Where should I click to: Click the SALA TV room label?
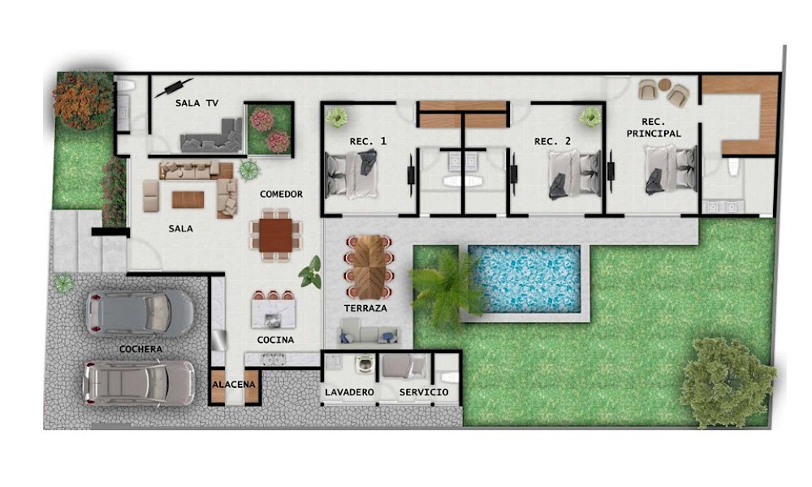(197, 103)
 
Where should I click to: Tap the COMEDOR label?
(281, 194)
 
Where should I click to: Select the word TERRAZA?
(365, 308)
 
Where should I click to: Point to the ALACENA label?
(234, 385)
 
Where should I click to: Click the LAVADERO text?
(349, 392)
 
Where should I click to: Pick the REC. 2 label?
(552, 141)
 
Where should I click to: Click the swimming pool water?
(524, 278)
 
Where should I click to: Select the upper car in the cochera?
(140, 313)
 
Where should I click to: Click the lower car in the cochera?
(139, 382)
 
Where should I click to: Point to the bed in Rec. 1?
(352, 174)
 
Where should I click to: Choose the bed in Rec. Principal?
(671, 170)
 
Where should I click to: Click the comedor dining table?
(275, 235)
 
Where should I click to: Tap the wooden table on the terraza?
(370, 267)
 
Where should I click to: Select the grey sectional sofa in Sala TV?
(212, 136)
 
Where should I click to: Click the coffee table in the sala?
(188, 200)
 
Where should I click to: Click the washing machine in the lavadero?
(365, 364)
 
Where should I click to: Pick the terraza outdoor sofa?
(369, 332)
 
